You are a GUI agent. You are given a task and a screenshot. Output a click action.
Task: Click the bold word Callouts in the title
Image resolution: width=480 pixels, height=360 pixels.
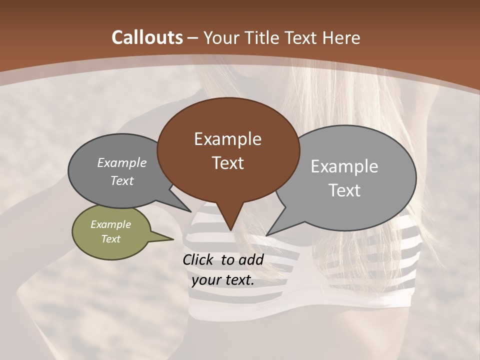pos(147,37)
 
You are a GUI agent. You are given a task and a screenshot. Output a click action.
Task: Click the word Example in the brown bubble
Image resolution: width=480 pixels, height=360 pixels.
pos(227,139)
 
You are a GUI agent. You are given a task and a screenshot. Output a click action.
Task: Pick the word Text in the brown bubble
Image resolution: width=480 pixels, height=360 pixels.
pos(227,163)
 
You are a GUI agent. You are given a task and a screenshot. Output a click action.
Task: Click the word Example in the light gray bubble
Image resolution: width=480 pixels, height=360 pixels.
pos(344,166)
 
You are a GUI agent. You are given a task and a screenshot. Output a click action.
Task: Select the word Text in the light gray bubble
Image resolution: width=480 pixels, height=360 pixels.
pos(345,190)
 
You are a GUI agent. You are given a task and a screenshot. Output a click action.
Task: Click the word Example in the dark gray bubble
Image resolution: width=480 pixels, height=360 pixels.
pos(122,162)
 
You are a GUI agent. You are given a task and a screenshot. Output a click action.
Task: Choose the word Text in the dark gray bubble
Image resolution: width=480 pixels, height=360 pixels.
pos(122,181)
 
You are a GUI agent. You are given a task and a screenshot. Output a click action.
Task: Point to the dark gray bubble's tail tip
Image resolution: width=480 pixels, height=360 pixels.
pos(191,211)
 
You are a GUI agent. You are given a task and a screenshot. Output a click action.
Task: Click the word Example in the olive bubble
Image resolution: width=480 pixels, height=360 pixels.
pos(110,224)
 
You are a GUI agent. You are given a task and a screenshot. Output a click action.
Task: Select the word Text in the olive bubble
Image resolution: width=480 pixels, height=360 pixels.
pos(110,239)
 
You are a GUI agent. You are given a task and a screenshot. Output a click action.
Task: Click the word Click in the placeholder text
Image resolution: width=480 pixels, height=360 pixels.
pos(198,259)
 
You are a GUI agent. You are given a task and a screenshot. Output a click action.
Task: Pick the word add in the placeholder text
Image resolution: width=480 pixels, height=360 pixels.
pos(251,259)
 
